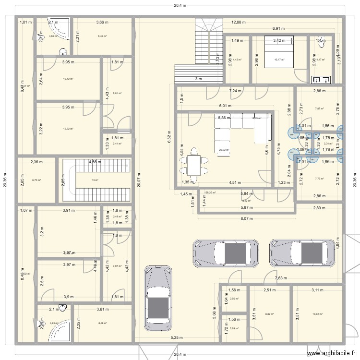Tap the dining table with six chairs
pyautogui.click(x=194, y=166)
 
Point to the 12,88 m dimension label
pyautogui.click(x=239, y=22)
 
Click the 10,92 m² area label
pyautogui.click(x=317, y=314)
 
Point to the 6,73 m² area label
pyautogui.click(x=36, y=180)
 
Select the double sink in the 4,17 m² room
pyautogui.click(x=318, y=81)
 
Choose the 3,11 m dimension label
pyautogui.click(x=317, y=290)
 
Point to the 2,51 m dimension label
pyautogui.click(x=269, y=290)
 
